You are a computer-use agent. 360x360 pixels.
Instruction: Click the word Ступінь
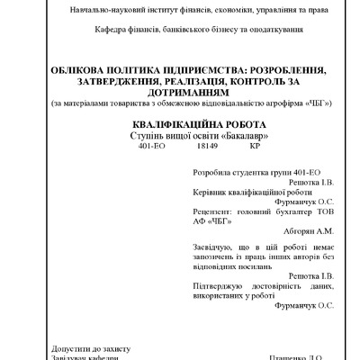click(148, 133)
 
